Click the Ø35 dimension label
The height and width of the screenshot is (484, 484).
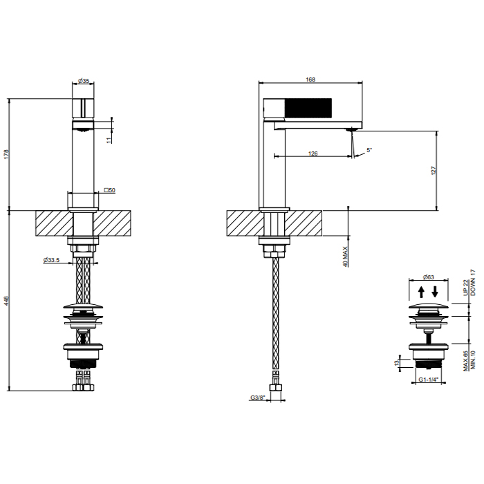84,81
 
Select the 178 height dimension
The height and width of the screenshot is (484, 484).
6,154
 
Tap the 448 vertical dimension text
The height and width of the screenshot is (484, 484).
6,301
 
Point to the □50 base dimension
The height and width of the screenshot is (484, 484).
109,190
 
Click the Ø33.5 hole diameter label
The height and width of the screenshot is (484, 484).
51,260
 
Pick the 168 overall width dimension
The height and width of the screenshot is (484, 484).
310,80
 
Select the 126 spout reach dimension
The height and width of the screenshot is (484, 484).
313,153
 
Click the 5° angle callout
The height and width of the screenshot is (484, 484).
369,150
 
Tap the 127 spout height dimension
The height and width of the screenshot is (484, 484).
433,171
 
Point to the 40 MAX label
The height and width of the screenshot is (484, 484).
345,257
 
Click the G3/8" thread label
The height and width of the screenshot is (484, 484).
258,398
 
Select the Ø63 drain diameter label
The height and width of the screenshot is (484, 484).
429,277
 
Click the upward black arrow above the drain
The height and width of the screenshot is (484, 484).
421,292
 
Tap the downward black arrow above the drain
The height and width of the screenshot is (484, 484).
435,292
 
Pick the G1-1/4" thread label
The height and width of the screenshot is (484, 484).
429,380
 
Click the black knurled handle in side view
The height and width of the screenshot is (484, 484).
308,108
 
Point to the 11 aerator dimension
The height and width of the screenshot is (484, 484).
109,140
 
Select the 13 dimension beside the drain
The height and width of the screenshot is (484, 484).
397,363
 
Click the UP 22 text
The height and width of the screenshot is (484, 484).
466,288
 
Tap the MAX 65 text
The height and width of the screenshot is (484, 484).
466,361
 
